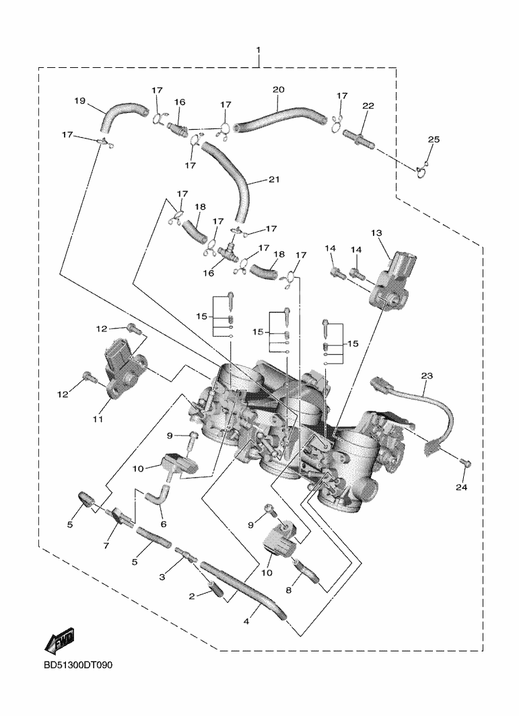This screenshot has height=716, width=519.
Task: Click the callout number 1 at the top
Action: (x=258, y=51)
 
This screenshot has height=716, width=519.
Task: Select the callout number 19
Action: (x=79, y=102)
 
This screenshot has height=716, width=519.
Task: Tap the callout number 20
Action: (x=279, y=89)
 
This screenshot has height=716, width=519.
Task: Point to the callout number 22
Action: (x=368, y=107)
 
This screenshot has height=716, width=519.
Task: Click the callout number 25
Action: (x=434, y=139)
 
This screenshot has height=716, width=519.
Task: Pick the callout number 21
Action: (x=273, y=180)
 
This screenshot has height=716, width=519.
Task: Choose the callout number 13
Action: (x=376, y=233)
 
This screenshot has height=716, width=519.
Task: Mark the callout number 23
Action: (x=427, y=375)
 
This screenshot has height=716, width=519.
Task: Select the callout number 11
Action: (x=97, y=420)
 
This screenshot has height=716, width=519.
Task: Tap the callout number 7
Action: (x=106, y=545)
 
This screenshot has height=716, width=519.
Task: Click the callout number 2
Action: (x=191, y=596)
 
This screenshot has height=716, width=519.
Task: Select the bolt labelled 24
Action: (x=466, y=463)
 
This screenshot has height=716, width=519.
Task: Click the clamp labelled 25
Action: (x=422, y=170)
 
